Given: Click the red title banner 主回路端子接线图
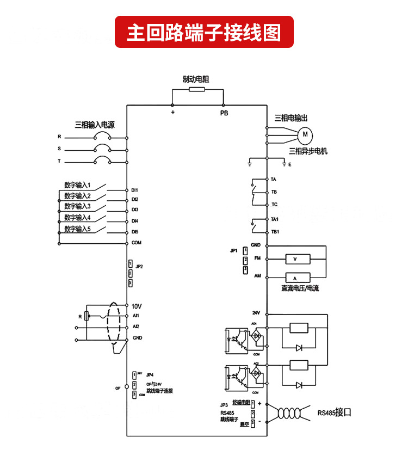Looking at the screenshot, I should [204, 32].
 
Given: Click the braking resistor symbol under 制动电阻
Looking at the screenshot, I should [196, 90].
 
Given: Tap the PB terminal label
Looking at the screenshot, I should [224, 113].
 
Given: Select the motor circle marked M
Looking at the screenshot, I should [305, 133].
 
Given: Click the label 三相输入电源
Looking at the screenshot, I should [95, 125].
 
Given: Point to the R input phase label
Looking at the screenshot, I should [59, 137].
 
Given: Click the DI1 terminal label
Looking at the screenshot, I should [135, 190].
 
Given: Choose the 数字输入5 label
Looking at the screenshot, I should [77, 229].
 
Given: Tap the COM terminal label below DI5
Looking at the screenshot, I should [136, 243].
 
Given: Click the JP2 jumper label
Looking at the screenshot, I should [140, 267].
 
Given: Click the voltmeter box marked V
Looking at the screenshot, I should [294, 259].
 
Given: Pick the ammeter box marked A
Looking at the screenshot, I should [294, 278].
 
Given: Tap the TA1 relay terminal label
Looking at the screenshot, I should [275, 219].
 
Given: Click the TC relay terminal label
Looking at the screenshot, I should [274, 205].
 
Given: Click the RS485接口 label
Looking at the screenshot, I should [335, 412].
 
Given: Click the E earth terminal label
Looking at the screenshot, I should [290, 164].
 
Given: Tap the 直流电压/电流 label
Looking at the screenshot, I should [300, 288].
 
